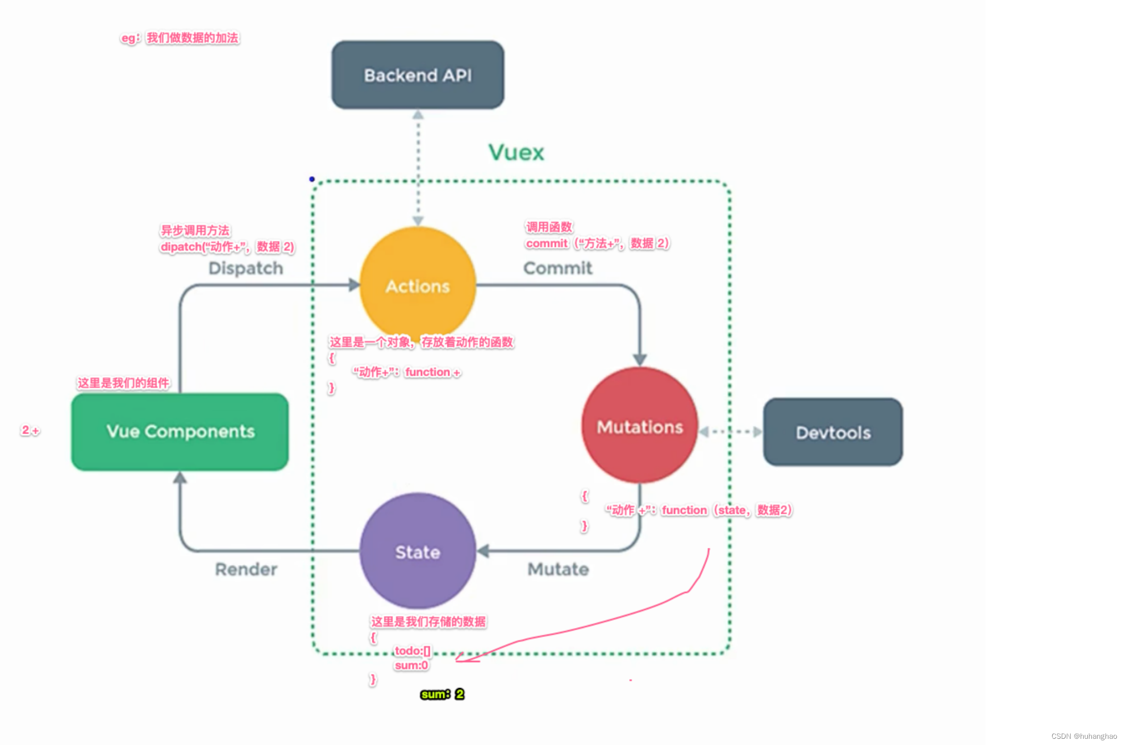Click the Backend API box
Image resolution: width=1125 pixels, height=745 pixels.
click(x=418, y=76)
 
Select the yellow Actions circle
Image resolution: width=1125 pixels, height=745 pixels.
click(x=418, y=286)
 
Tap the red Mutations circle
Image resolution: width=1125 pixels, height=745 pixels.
click(x=640, y=427)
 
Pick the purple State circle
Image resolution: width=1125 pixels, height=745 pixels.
click(x=418, y=552)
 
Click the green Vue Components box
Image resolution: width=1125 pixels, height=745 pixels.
click(x=180, y=431)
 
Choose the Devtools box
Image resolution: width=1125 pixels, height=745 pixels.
click(x=833, y=433)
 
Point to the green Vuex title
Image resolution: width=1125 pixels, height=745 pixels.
click(x=516, y=153)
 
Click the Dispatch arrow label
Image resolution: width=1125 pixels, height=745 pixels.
click(x=246, y=269)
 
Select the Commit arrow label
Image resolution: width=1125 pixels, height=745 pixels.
click(x=557, y=268)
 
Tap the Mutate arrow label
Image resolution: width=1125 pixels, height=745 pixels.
click(x=558, y=569)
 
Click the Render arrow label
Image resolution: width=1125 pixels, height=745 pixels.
click(x=246, y=569)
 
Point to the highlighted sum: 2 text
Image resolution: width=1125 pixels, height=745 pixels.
click(x=443, y=694)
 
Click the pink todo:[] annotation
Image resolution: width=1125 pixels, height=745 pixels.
click(x=412, y=651)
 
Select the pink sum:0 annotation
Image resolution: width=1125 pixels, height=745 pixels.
click(x=411, y=665)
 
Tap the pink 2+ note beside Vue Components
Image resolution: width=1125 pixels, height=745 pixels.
click(x=30, y=430)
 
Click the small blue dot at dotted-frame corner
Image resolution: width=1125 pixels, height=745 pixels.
click(x=312, y=179)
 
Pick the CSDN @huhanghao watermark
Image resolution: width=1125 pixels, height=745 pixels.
click(x=1084, y=736)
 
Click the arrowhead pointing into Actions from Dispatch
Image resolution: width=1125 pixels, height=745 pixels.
click(x=354, y=285)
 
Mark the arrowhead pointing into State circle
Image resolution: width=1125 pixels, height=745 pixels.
click(x=483, y=551)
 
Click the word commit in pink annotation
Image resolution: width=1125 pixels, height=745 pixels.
click(x=546, y=244)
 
